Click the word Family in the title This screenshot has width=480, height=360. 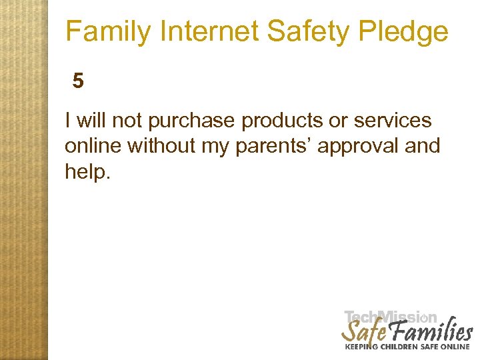(x=107, y=31)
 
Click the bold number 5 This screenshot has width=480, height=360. (x=79, y=81)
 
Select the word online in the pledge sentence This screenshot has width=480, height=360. (x=93, y=145)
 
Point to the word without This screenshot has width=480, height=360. (x=159, y=145)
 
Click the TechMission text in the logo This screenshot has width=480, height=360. (x=390, y=318)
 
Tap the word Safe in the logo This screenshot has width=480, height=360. (x=363, y=331)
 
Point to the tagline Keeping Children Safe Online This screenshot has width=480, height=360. (x=407, y=347)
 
